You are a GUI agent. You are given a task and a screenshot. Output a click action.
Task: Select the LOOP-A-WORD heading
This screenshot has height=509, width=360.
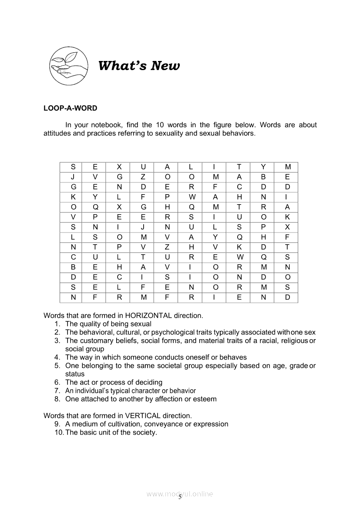(71, 108)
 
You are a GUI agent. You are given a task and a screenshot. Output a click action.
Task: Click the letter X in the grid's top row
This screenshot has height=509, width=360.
(120, 167)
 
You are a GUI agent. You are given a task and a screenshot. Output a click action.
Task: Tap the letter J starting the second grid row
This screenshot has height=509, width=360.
(73, 177)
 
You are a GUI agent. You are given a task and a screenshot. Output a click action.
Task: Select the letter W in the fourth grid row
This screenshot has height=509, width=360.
(192, 197)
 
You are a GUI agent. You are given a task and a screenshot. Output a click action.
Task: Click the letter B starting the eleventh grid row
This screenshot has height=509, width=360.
(73, 267)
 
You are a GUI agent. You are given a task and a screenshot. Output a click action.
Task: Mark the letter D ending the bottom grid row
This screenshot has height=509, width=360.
(287, 297)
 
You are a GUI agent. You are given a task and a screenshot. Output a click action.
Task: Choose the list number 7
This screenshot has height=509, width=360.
(57, 391)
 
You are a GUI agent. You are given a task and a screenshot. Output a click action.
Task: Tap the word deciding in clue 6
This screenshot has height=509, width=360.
(148, 382)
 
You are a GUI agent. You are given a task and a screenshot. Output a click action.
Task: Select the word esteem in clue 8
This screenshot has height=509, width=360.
(205, 399)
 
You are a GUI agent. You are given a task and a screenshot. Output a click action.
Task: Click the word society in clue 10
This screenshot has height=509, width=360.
(145, 432)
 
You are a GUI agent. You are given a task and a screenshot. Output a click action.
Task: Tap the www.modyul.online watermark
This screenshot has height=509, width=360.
(180, 494)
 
